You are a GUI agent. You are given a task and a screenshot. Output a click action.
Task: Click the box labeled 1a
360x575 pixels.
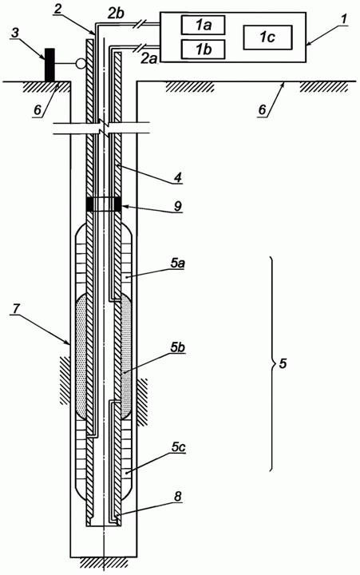pos(203,26)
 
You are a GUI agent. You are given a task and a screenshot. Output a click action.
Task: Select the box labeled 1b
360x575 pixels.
pos(203,50)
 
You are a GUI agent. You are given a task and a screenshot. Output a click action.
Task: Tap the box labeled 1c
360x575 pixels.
pos(267,38)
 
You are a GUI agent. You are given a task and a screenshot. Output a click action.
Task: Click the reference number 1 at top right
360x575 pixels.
pos(342,20)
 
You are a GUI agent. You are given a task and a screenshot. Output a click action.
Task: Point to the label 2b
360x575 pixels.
pos(117,14)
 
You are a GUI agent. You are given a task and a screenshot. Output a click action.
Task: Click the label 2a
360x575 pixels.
pos(149,58)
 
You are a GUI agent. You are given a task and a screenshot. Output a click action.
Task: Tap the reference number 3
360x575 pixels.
pos(14,33)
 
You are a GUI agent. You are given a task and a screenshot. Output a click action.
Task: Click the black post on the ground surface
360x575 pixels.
pos(49,65)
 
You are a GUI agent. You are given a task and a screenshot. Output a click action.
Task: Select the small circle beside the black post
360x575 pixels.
pos(81,63)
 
